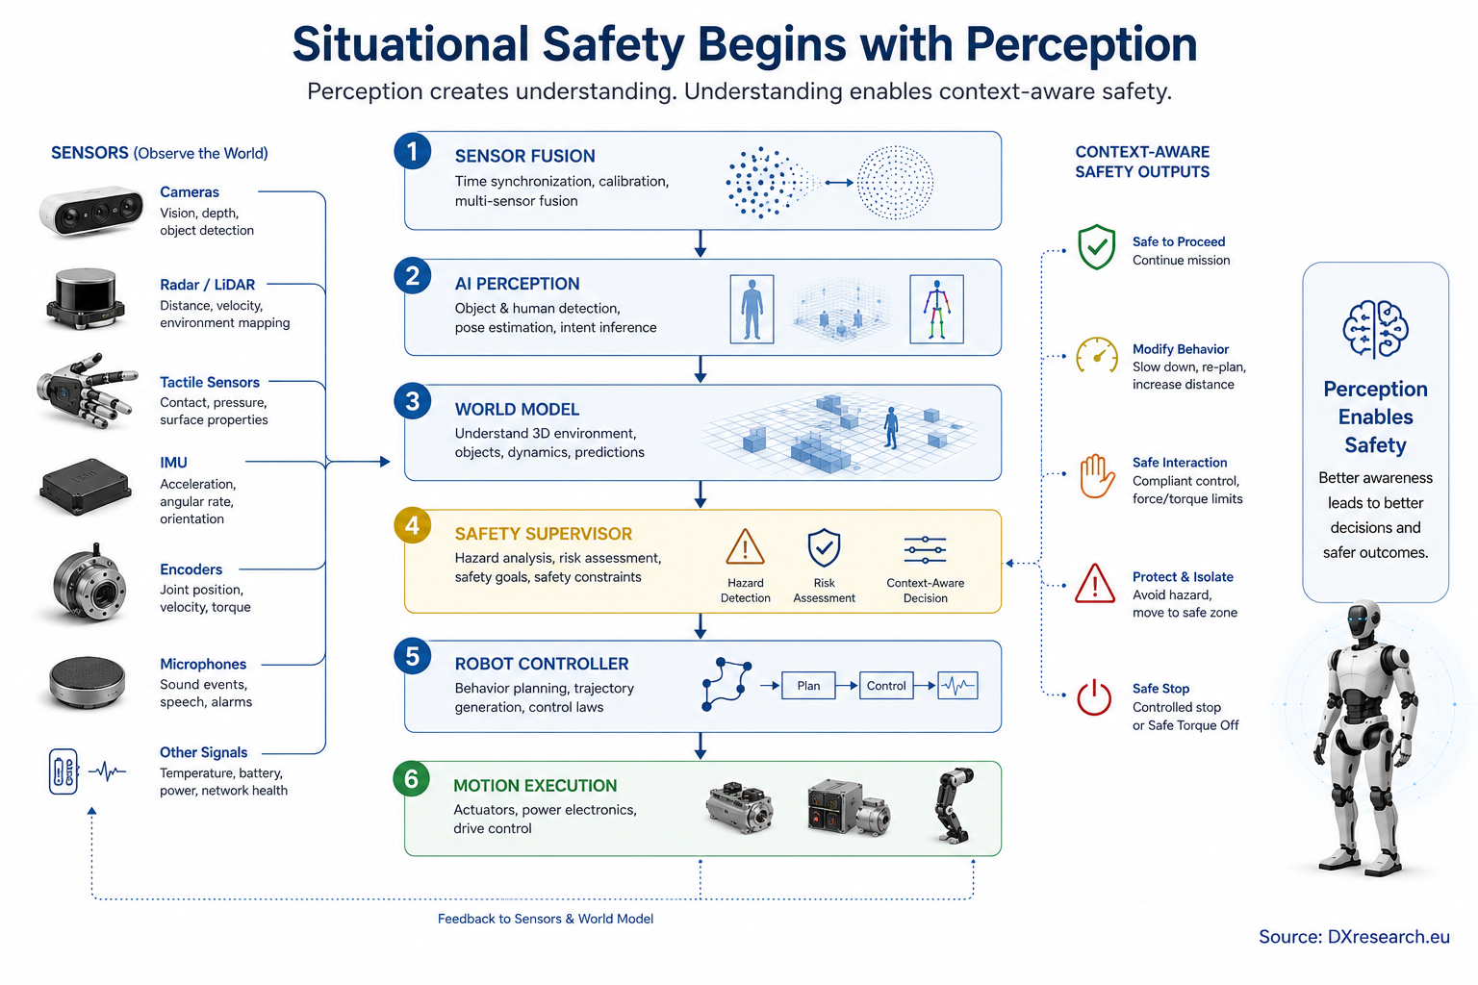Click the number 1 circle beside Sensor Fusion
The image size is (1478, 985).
pyautogui.click(x=413, y=151)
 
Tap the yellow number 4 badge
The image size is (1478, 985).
pyautogui.click(x=413, y=525)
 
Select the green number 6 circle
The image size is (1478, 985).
pyautogui.click(x=411, y=779)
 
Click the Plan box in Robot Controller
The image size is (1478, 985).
pyautogui.click(x=808, y=686)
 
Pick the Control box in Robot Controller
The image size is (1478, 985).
pyautogui.click(x=886, y=686)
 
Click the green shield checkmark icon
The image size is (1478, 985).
pyautogui.click(x=1097, y=247)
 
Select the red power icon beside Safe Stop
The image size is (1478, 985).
pyautogui.click(x=1094, y=697)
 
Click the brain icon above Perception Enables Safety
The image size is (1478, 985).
pyautogui.click(x=1376, y=329)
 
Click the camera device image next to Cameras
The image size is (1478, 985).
pyautogui.click(x=91, y=212)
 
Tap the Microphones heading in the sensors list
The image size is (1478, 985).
pyautogui.click(x=203, y=664)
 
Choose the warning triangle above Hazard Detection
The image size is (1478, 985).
pyautogui.click(x=745, y=547)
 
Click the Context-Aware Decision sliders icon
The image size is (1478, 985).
pyautogui.click(x=925, y=549)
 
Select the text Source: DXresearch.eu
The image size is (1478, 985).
pyautogui.click(x=1354, y=937)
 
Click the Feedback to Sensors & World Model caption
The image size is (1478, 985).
pyautogui.click(x=546, y=919)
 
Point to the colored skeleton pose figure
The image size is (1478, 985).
pyautogui.click(x=936, y=309)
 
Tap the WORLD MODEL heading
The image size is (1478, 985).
pyautogui.click(x=517, y=409)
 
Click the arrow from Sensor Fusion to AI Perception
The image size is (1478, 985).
pyautogui.click(x=701, y=244)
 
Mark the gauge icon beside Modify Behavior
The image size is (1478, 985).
pyautogui.click(x=1097, y=355)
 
